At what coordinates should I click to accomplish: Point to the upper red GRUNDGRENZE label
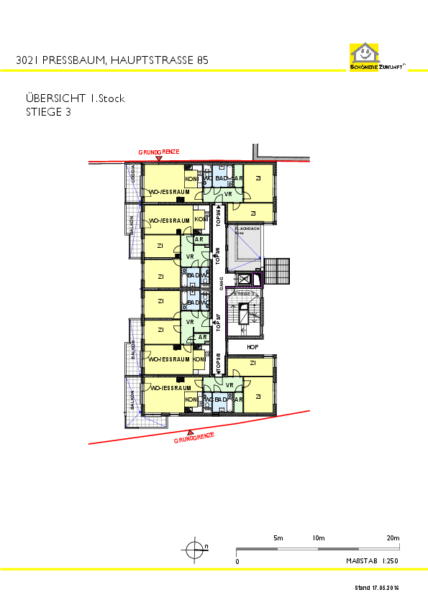tap(159, 152)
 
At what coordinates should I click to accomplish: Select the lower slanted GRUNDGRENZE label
tap(194, 437)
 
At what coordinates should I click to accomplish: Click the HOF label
tap(252, 347)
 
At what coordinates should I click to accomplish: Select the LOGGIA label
tap(132, 173)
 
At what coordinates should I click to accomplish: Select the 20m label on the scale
tap(393, 537)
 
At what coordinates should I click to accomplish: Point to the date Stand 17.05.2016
tap(376, 588)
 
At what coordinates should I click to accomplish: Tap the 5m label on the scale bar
tap(278, 537)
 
